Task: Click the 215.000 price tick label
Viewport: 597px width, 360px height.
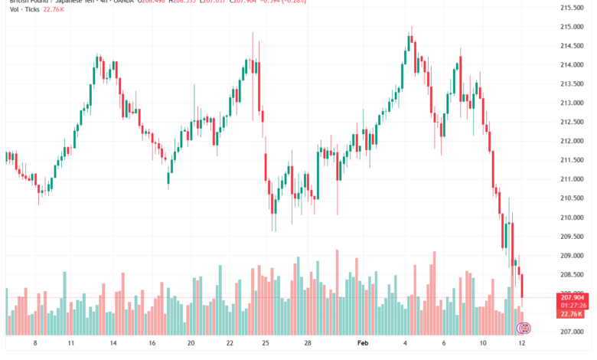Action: (573, 26)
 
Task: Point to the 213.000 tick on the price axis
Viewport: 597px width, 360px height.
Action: (573, 103)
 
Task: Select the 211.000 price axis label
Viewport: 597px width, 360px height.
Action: (573, 179)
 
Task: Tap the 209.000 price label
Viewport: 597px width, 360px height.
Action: (573, 256)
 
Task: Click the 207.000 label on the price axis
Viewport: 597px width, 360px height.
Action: (573, 332)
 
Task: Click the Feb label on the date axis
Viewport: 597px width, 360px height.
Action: (363, 345)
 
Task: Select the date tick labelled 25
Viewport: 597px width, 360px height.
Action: (265, 345)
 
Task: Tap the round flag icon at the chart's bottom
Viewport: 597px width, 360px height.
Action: (525, 329)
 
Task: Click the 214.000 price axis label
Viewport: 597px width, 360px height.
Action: (573, 64)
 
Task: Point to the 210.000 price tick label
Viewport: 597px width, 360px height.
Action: (573, 218)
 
